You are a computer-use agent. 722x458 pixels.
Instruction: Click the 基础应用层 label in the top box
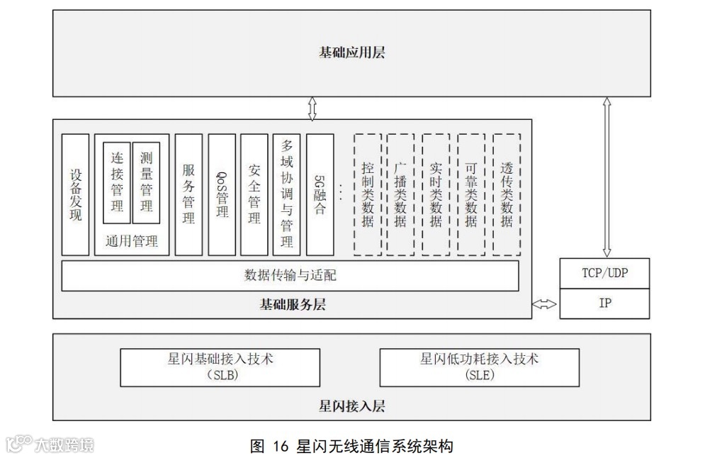pyautogui.click(x=351, y=52)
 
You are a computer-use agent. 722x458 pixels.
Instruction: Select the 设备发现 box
pyautogui.click(x=75, y=194)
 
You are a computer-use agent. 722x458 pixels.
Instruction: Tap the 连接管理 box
pyautogui.click(x=117, y=183)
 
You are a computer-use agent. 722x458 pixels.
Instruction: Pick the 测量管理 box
pyautogui.click(x=146, y=183)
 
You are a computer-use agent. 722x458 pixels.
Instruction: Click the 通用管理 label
pyautogui.click(x=131, y=242)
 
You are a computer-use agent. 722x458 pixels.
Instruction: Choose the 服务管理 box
pyautogui.click(x=188, y=194)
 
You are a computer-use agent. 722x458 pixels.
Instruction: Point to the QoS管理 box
pyautogui.click(x=222, y=194)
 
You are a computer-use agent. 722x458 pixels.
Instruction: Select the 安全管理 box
pyautogui.click(x=254, y=194)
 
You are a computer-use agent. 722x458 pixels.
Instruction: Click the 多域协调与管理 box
pyautogui.click(x=286, y=194)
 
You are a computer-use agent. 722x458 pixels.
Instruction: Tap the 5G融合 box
pyautogui.click(x=320, y=194)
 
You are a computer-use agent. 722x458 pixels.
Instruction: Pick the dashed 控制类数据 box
pyautogui.click(x=367, y=194)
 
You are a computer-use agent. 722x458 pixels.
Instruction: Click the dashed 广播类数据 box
pyautogui.click(x=401, y=194)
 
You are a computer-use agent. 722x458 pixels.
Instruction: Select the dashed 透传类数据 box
pyautogui.click(x=507, y=194)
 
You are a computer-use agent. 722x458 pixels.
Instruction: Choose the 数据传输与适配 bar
pyautogui.click(x=290, y=276)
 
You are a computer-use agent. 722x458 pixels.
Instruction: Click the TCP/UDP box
pyautogui.click(x=604, y=273)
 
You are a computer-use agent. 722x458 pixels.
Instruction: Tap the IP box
pyautogui.click(x=604, y=303)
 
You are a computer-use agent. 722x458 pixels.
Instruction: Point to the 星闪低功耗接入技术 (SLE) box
pyautogui.click(x=480, y=367)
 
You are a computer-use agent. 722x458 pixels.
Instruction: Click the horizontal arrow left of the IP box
pyautogui.click(x=545, y=304)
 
